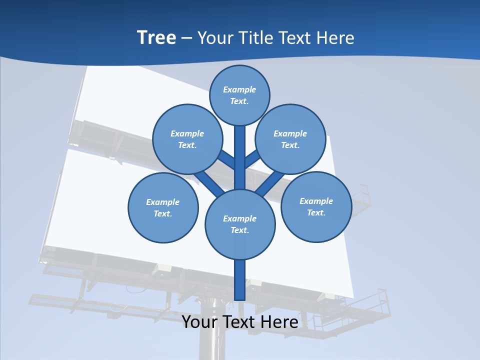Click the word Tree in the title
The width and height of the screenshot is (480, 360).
click(x=156, y=37)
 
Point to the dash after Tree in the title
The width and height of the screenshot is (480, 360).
click(x=186, y=38)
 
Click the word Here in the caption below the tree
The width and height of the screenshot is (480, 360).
click(x=279, y=322)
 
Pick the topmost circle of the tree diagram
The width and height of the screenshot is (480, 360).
click(x=239, y=95)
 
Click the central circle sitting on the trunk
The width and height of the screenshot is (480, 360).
click(x=240, y=224)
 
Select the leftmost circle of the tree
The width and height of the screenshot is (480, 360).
click(x=163, y=208)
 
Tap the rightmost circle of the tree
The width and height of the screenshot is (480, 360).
click(x=316, y=207)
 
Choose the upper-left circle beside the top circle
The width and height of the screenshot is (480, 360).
click(x=187, y=139)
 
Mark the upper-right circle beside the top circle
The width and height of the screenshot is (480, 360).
click(x=290, y=139)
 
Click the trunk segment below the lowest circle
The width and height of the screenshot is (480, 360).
click(x=240, y=280)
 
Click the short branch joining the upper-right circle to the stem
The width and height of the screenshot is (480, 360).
click(x=252, y=159)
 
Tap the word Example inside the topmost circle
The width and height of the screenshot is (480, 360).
click(x=239, y=89)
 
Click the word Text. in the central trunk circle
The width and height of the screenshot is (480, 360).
click(x=239, y=230)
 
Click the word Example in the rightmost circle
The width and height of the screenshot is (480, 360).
click(x=316, y=201)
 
